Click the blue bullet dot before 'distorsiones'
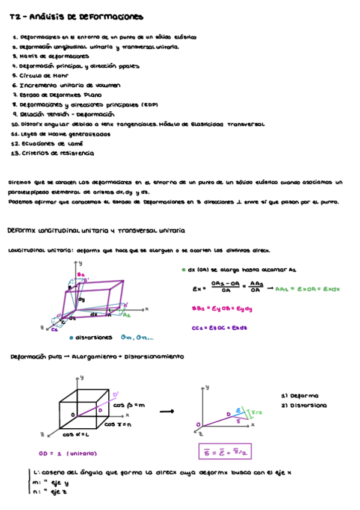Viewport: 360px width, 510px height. (72, 337)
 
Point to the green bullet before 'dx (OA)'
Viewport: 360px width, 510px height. (183, 270)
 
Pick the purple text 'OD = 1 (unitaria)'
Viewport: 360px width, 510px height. (69, 453)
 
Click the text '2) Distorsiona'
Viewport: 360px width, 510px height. (304, 406)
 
